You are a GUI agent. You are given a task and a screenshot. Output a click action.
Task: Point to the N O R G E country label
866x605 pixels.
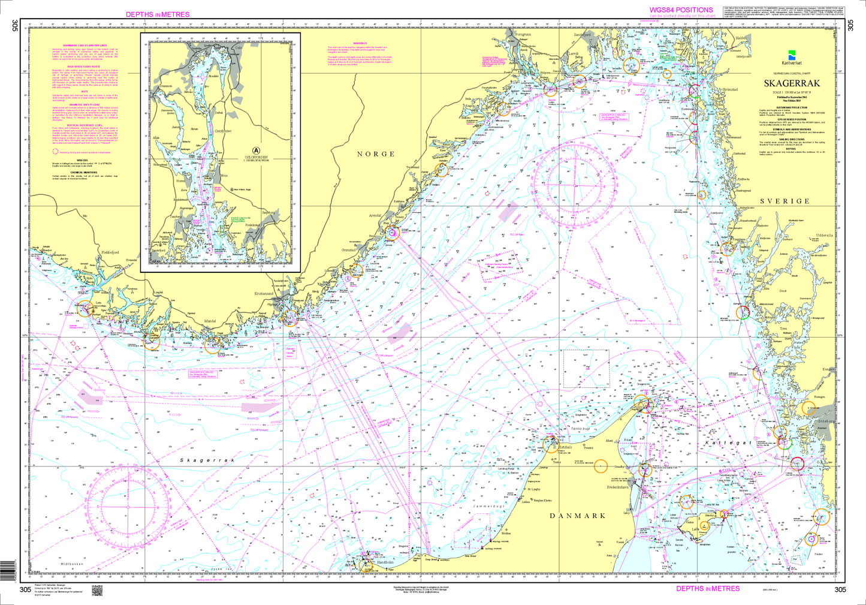click(x=376, y=154)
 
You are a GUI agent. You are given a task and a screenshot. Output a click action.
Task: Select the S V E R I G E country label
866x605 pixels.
click(x=784, y=201)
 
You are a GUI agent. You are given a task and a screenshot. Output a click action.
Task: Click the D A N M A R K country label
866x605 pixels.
click(x=578, y=516)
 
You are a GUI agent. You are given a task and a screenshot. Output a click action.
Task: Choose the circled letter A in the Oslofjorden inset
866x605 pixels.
click(x=257, y=150)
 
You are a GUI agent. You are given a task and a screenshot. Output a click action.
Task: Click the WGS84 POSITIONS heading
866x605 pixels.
click(x=681, y=10)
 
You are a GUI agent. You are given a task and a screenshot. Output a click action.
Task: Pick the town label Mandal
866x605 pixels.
click(x=210, y=321)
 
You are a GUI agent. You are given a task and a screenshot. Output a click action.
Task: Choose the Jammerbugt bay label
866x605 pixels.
click(x=485, y=507)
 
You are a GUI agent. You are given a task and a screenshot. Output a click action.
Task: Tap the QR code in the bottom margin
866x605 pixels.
click(x=98, y=591)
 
